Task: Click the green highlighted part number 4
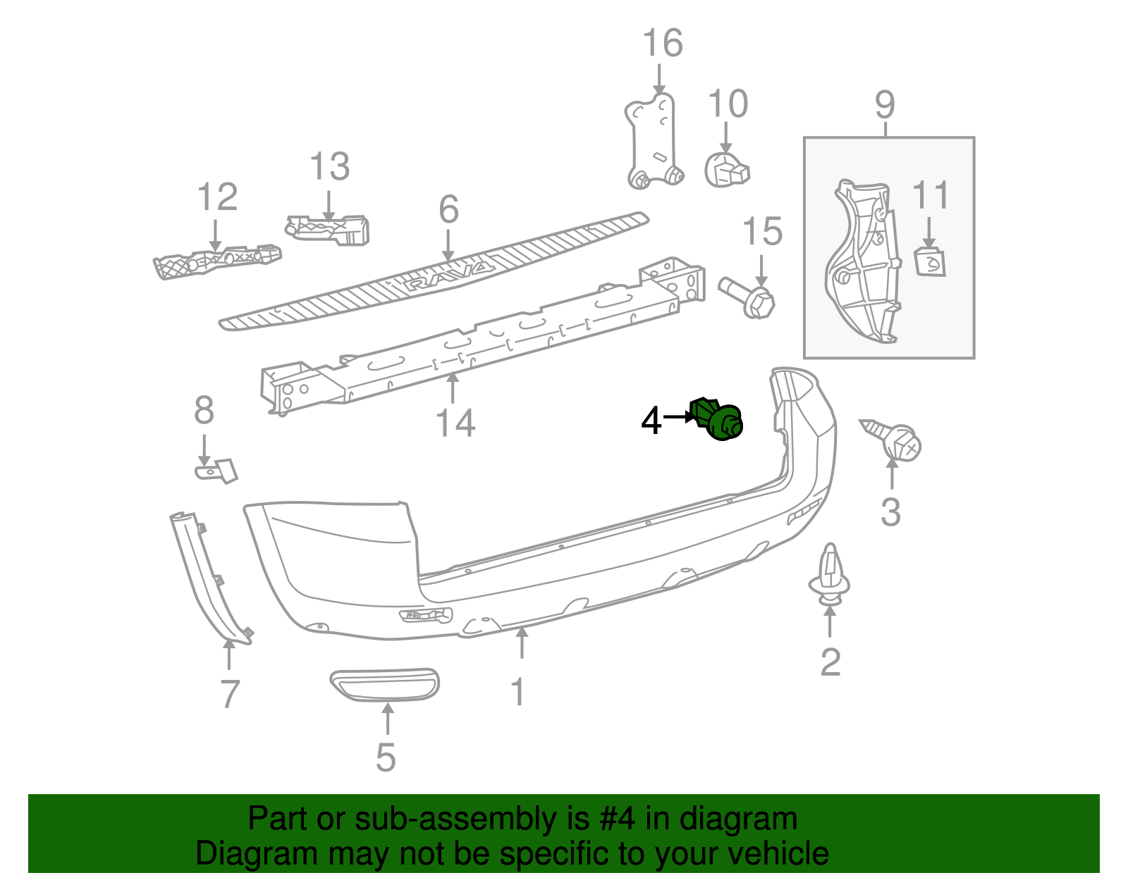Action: (x=718, y=421)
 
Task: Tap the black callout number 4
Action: (x=651, y=421)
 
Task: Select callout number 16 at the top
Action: (x=663, y=44)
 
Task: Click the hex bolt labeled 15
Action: (x=749, y=297)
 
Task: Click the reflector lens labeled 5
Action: (x=384, y=684)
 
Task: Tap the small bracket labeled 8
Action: (x=216, y=470)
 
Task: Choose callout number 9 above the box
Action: (x=885, y=105)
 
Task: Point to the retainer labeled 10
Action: (x=726, y=170)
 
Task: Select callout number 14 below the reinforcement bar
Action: (x=455, y=423)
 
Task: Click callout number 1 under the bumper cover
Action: (x=518, y=692)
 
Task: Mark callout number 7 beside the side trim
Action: (x=230, y=694)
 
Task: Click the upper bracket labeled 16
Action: (x=652, y=141)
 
